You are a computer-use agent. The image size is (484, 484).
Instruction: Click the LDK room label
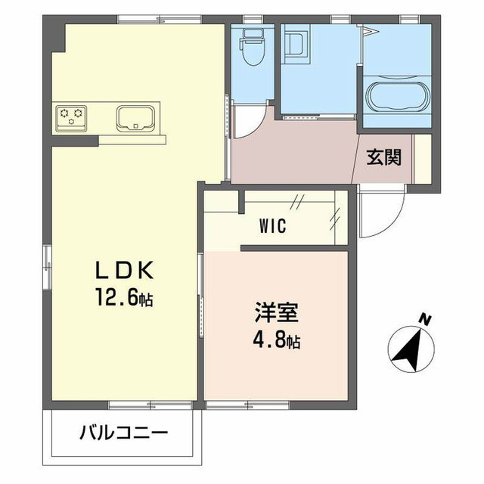[x=124, y=270]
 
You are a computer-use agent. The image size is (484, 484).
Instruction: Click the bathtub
[x=398, y=98]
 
